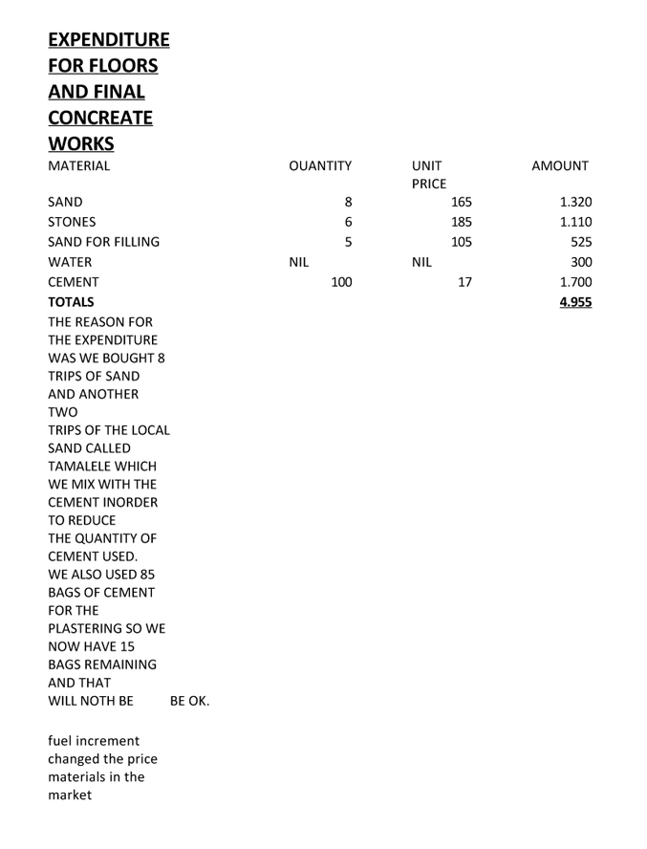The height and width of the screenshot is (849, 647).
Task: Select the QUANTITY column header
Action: point(320,166)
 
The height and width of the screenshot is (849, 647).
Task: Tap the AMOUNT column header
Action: point(560,166)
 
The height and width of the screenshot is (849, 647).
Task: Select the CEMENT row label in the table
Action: point(74,282)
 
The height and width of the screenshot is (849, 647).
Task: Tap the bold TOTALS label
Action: point(72,302)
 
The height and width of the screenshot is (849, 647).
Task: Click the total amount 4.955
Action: point(575,302)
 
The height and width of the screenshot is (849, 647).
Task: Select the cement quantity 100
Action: point(340,282)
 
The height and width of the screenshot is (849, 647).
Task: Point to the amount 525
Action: point(580,242)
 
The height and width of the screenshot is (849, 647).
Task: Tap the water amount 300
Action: point(580,262)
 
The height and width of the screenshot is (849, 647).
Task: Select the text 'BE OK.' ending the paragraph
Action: point(189,702)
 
